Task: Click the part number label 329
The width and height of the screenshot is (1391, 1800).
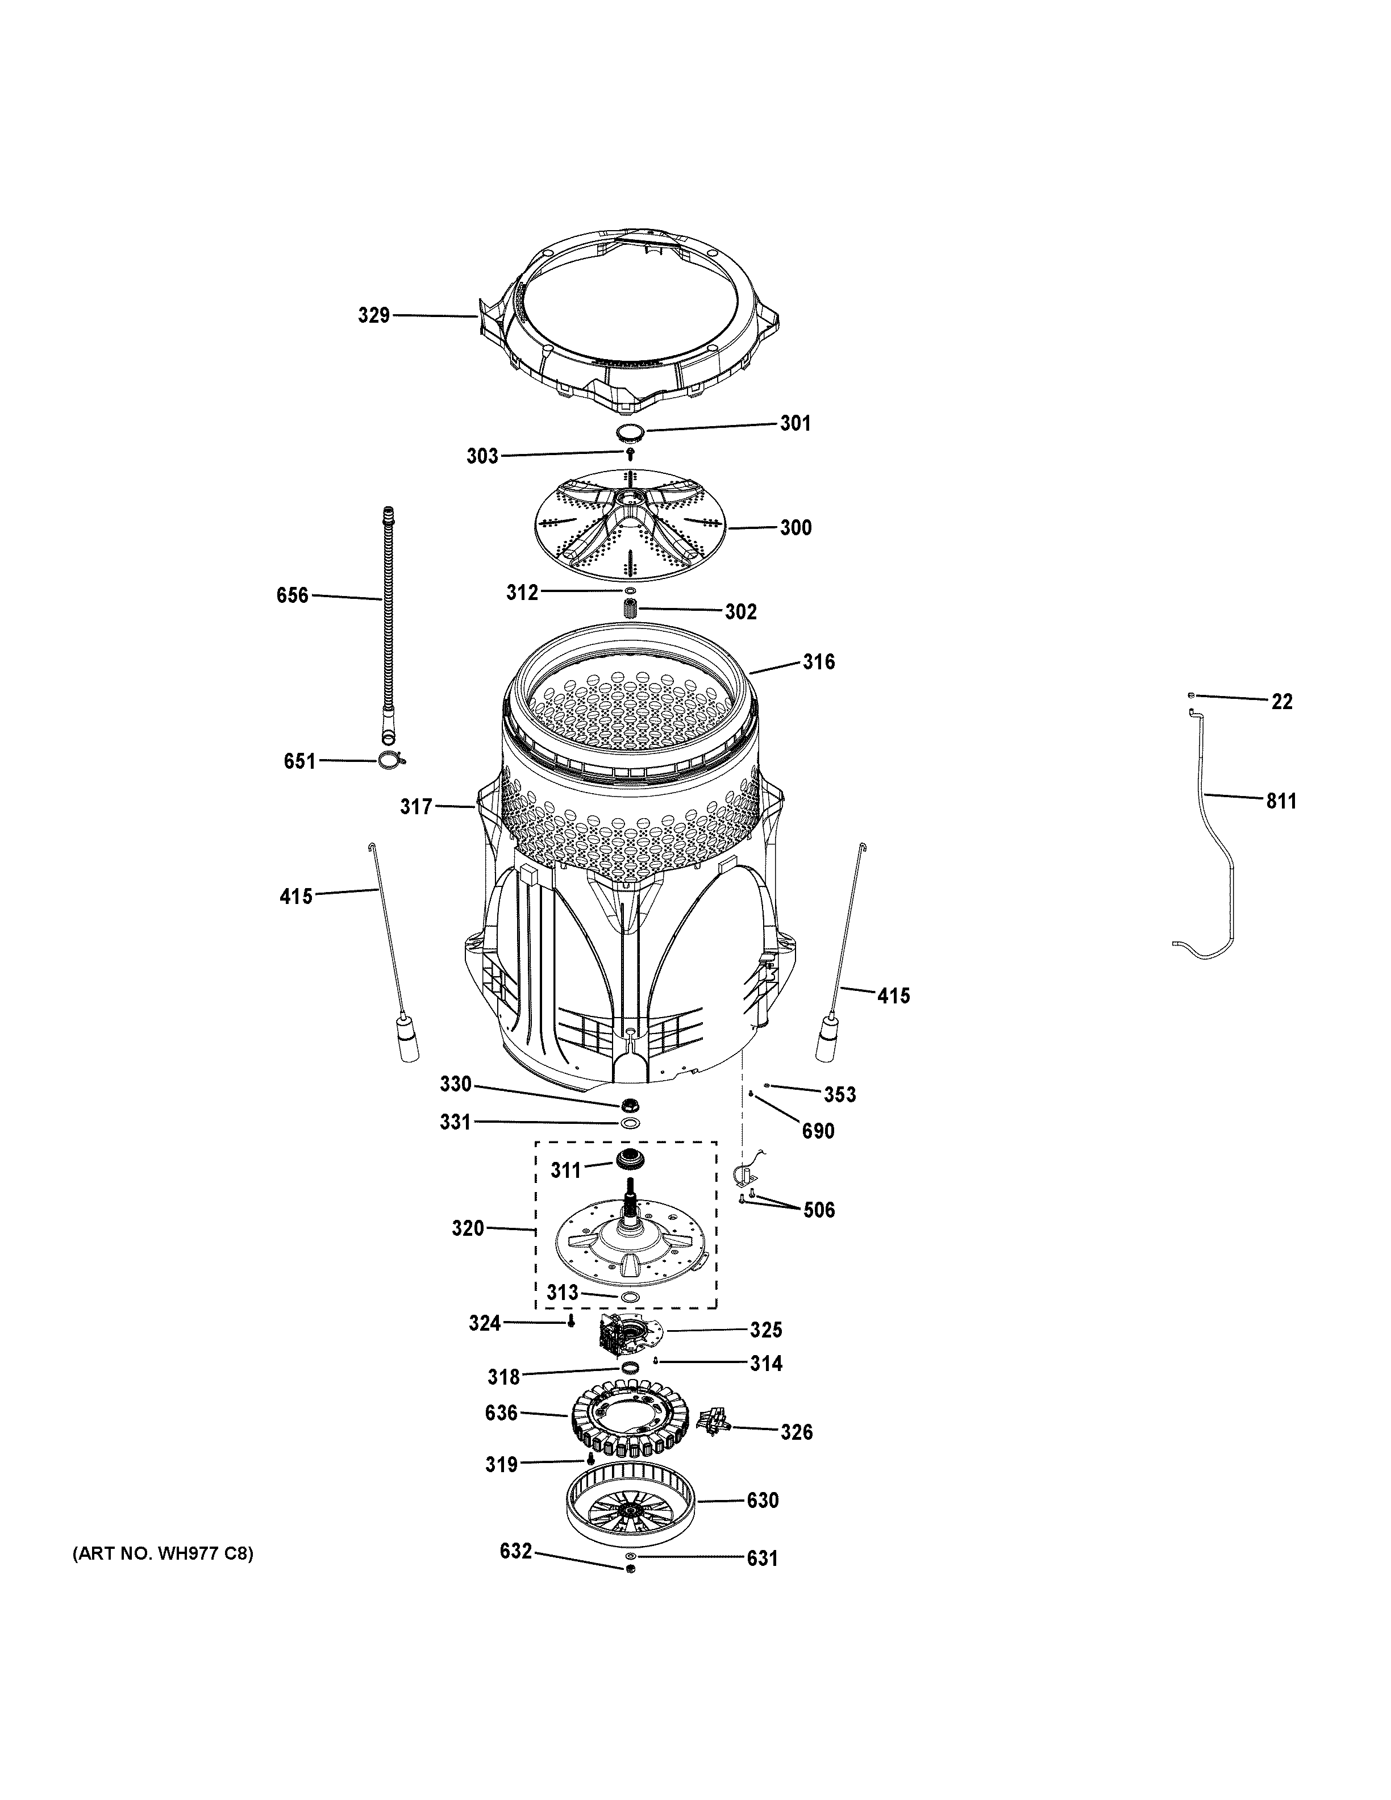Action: point(373,315)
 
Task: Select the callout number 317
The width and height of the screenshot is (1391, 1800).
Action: point(416,807)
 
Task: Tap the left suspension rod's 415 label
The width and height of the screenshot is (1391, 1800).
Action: point(296,896)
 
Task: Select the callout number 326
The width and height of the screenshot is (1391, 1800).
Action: point(797,1432)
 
